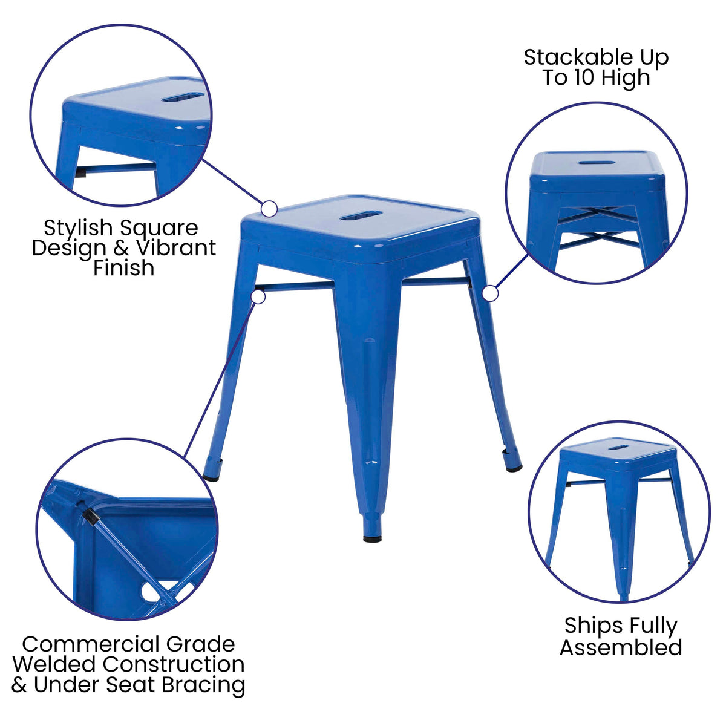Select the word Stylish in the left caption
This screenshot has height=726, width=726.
tap(78, 228)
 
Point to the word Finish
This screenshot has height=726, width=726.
tap(123, 268)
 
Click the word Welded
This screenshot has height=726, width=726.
tap(54, 664)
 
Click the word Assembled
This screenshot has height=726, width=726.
tap(621, 647)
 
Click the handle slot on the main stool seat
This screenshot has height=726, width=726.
tap(361, 215)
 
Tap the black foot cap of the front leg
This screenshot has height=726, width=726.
tap(372, 537)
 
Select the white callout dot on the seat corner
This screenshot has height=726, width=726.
tap(269, 209)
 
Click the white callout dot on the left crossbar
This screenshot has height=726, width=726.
tap(259, 297)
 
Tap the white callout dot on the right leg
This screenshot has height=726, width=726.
tap(491, 294)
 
